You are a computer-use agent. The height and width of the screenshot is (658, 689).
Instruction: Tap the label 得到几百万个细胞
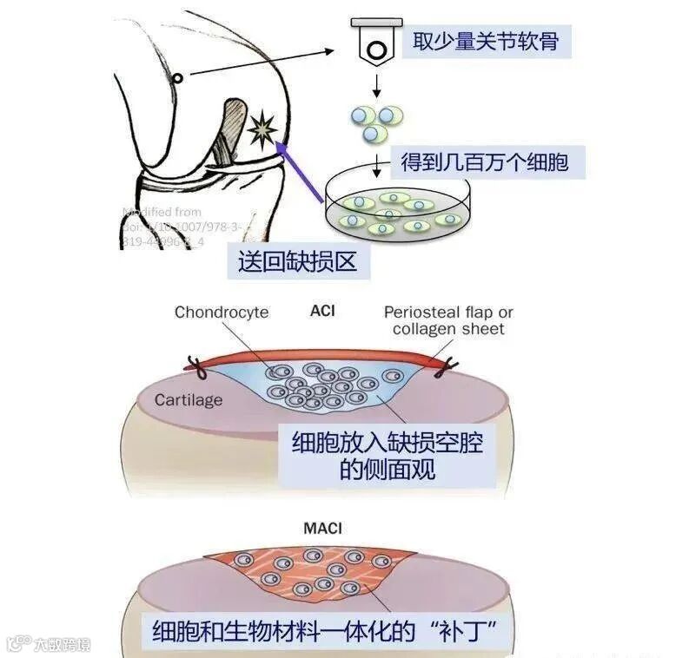click(484, 162)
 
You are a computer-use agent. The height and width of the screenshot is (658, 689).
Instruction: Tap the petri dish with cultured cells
click(398, 207)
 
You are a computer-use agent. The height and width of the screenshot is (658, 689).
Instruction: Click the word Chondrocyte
click(222, 313)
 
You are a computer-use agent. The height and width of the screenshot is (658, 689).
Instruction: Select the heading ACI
click(322, 310)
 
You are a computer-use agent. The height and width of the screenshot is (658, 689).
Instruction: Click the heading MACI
click(321, 527)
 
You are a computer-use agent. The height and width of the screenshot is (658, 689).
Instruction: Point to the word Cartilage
click(189, 400)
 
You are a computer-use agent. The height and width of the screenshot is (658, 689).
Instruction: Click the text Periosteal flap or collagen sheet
click(448, 320)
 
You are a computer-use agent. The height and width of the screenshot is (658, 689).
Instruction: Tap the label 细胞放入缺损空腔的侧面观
click(388, 457)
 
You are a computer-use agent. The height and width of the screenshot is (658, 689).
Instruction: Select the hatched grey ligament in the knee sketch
click(232, 130)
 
